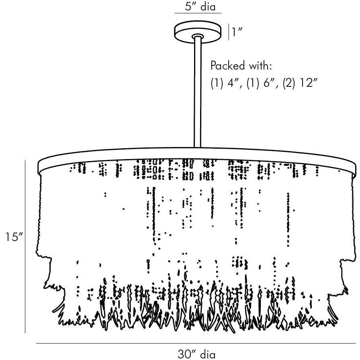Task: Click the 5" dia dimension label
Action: point(198,7)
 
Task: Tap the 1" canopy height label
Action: point(237,32)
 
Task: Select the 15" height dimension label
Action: point(13,237)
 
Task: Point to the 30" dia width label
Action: point(196,354)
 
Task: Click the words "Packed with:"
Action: point(241,65)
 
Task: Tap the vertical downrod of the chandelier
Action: point(198,92)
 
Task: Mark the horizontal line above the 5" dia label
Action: point(198,14)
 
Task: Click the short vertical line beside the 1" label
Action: point(229,32)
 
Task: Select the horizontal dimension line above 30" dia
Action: point(196,344)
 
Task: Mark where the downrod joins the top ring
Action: point(198,147)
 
